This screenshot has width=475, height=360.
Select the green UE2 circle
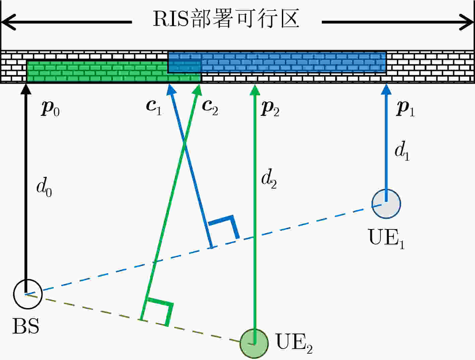254,344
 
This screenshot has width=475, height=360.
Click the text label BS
26,326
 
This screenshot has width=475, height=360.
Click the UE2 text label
294,343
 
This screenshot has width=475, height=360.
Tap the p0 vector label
50,109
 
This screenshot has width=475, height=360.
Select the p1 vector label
405,109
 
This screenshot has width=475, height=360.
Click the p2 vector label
270,109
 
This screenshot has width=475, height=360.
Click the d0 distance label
44,187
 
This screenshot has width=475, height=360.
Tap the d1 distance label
402,151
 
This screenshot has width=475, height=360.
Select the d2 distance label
269,179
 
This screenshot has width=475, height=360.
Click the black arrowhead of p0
26,89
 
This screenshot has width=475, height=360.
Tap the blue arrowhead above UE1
386,89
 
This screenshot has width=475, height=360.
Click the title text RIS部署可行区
226,18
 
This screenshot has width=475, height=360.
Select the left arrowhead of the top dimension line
8,22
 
